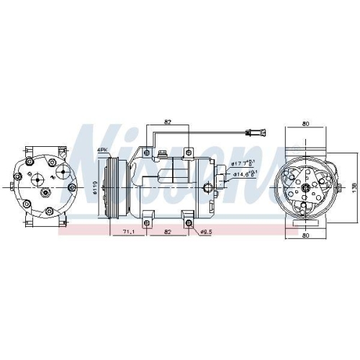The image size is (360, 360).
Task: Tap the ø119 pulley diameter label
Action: [96, 190]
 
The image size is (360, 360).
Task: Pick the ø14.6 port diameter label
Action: [243, 174]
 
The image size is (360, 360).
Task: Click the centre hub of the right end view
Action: [305, 189]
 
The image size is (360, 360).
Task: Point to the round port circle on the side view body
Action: [209, 189]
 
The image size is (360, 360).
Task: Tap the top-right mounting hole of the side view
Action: [189, 153]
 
